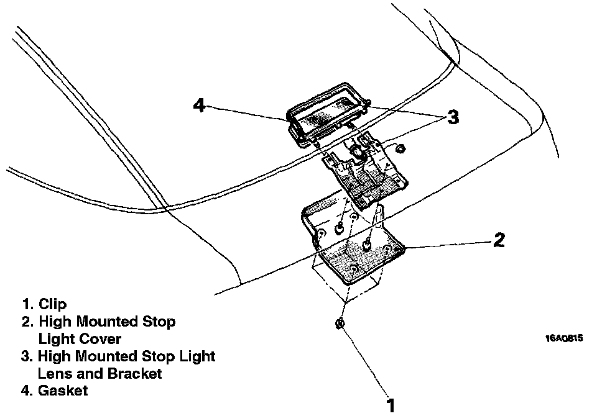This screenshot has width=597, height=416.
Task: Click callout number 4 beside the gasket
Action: point(199,106)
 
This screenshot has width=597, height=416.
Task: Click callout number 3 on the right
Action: point(453,117)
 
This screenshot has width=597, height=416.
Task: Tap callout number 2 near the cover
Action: point(499,240)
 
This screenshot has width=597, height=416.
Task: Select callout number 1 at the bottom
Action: point(391,405)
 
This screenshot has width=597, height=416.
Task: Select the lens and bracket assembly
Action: point(367,174)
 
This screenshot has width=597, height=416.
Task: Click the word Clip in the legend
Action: point(52,304)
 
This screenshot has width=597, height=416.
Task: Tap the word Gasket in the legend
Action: point(63,391)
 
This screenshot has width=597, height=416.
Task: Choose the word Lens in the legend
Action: point(53,374)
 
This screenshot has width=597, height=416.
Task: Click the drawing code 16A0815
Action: point(564,338)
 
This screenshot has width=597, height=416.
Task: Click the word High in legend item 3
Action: point(53,356)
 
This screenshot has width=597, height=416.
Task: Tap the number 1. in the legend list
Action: point(27,304)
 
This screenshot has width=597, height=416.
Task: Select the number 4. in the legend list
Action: point(27,391)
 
